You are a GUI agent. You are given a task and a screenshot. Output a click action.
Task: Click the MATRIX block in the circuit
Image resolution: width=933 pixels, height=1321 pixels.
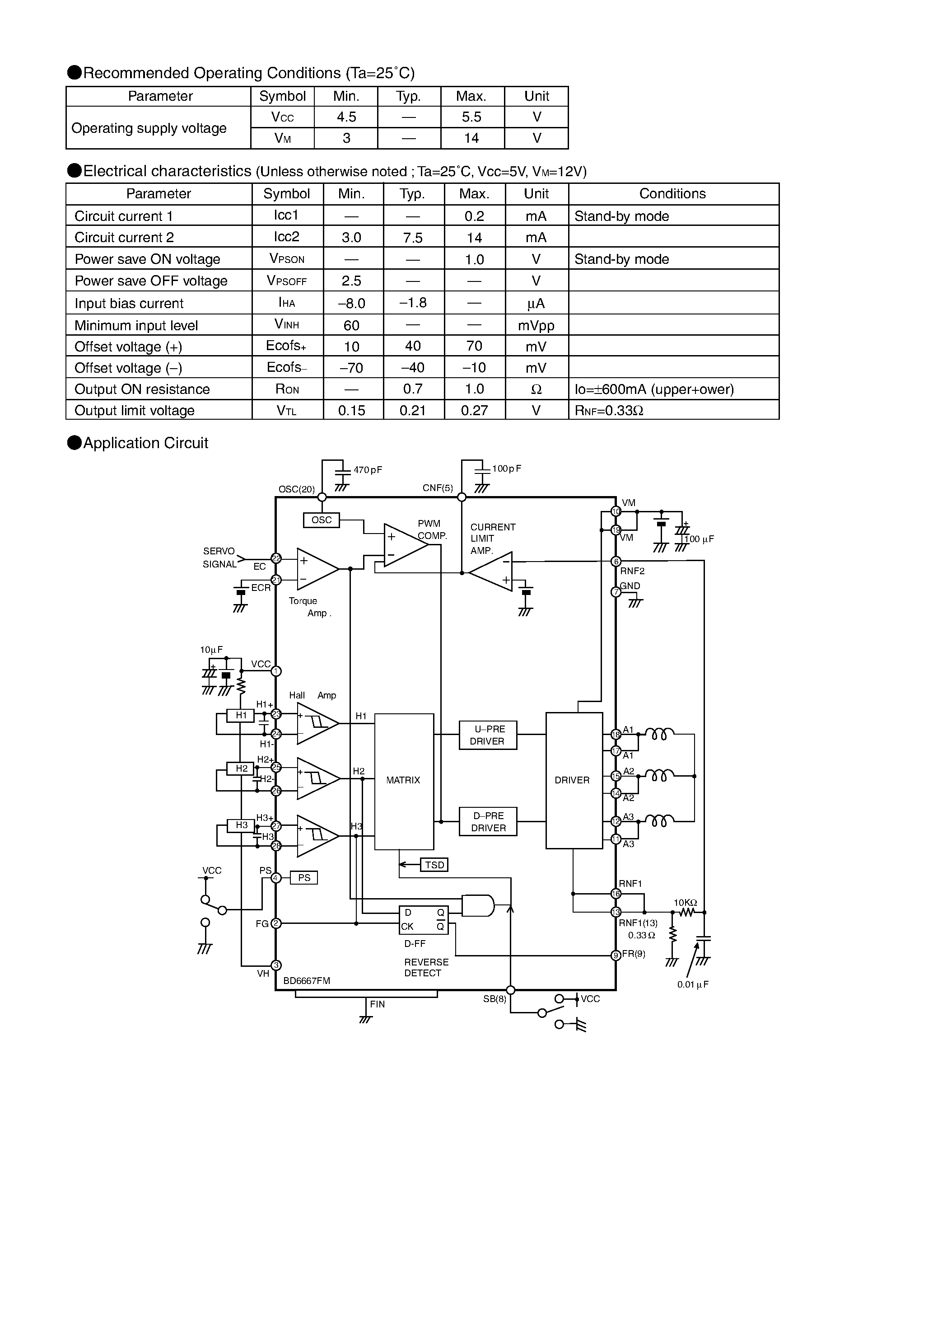coord(403,781)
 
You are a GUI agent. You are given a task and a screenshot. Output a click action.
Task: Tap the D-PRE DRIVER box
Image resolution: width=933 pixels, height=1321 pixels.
coord(488,822)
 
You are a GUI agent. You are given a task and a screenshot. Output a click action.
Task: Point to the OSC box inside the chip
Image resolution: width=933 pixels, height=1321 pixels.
coord(322,520)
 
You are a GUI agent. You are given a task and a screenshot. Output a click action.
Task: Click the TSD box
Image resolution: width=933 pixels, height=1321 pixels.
coord(434,865)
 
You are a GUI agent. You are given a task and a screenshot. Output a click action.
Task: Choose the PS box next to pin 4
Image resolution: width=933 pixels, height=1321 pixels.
coord(304,877)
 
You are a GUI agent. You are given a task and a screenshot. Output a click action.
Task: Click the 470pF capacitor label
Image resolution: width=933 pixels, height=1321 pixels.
coord(368,470)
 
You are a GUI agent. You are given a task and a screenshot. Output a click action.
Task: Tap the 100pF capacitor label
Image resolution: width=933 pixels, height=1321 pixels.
coord(506,469)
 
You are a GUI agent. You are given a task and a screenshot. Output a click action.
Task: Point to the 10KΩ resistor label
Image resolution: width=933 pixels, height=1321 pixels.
coord(685,903)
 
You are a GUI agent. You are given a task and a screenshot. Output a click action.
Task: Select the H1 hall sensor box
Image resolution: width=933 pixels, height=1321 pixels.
coord(241,715)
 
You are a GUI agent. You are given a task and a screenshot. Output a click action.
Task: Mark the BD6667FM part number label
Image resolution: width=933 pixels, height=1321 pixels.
coord(307,981)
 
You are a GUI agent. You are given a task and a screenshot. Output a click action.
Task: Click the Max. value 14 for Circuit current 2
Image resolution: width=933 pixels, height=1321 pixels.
coord(474,237)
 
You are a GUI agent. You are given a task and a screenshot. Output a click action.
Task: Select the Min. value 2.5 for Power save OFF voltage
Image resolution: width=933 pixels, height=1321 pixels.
coord(351,281)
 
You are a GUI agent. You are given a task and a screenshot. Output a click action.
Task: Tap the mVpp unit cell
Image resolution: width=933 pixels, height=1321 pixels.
coord(536,326)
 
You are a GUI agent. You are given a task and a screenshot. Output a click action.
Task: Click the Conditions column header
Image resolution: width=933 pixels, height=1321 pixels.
coord(672,194)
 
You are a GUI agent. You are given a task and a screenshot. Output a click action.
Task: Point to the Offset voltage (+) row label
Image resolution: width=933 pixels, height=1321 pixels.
coord(128,347)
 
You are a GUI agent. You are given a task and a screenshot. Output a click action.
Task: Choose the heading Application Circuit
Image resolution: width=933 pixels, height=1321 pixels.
coord(145,443)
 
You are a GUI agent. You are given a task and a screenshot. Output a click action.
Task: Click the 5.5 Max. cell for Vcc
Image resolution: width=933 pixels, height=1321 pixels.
coord(471,117)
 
